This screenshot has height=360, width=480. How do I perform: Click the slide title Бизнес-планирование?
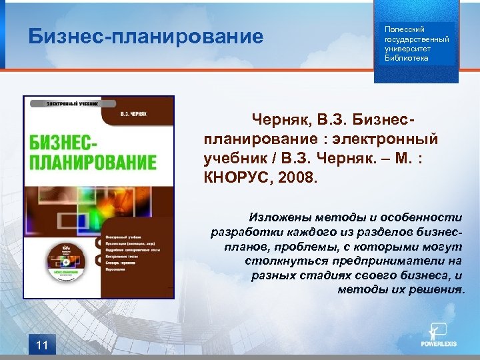146,37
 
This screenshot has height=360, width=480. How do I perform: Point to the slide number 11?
42,345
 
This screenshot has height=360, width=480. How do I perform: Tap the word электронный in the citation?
389,139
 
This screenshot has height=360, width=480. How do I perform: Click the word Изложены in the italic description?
277,217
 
